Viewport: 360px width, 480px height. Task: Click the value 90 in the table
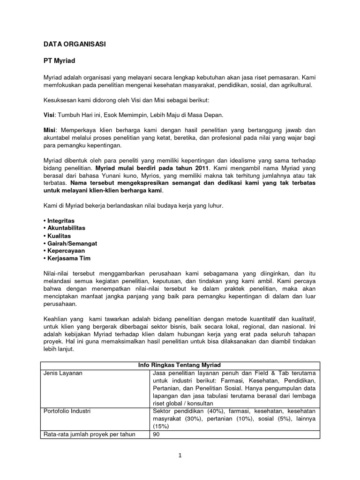157,434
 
